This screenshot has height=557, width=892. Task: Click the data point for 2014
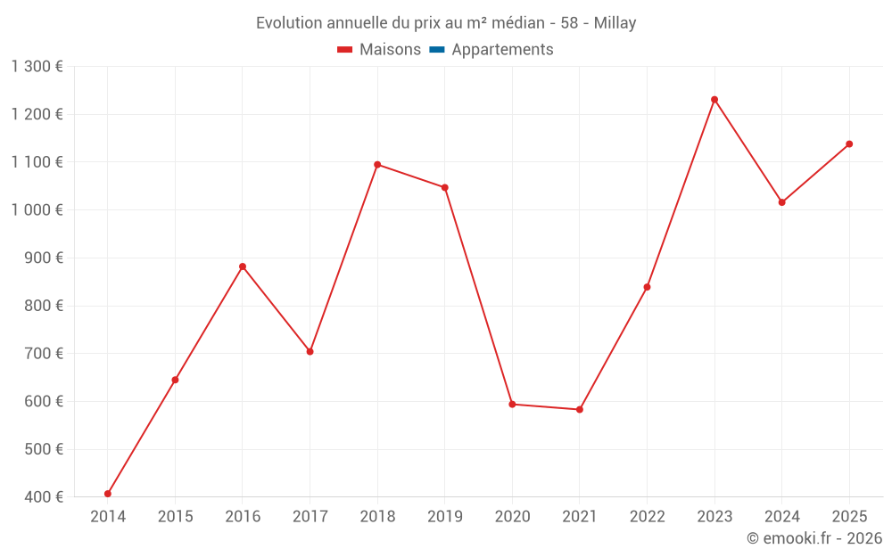click(x=108, y=494)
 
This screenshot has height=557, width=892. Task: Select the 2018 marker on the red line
click(x=377, y=165)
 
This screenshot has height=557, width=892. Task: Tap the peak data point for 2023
click(x=714, y=100)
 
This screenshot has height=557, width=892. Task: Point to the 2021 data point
click(x=580, y=410)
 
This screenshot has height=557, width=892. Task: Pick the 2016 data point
click(x=243, y=266)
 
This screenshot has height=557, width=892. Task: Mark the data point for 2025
click(x=849, y=144)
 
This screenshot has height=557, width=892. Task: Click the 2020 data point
click(x=512, y=405)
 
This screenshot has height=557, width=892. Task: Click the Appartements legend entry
click(x=502, y=50)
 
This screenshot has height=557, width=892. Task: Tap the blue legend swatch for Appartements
click(x=437, y=50)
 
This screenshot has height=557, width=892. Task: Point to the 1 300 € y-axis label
click(x=37, y=67)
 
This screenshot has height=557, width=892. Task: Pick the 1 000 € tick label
click(x=37, y=210)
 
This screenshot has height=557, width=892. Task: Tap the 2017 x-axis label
click(x=310, y=517)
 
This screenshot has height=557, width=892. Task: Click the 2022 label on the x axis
click(x=647, y=517)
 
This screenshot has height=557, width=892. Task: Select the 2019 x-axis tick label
click(x=444, y=517)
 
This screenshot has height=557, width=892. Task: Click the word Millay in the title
click(x=615, y=23)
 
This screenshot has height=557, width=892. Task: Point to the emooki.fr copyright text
click(x=814, y=538)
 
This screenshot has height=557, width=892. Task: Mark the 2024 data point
click(x=781, y=202)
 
